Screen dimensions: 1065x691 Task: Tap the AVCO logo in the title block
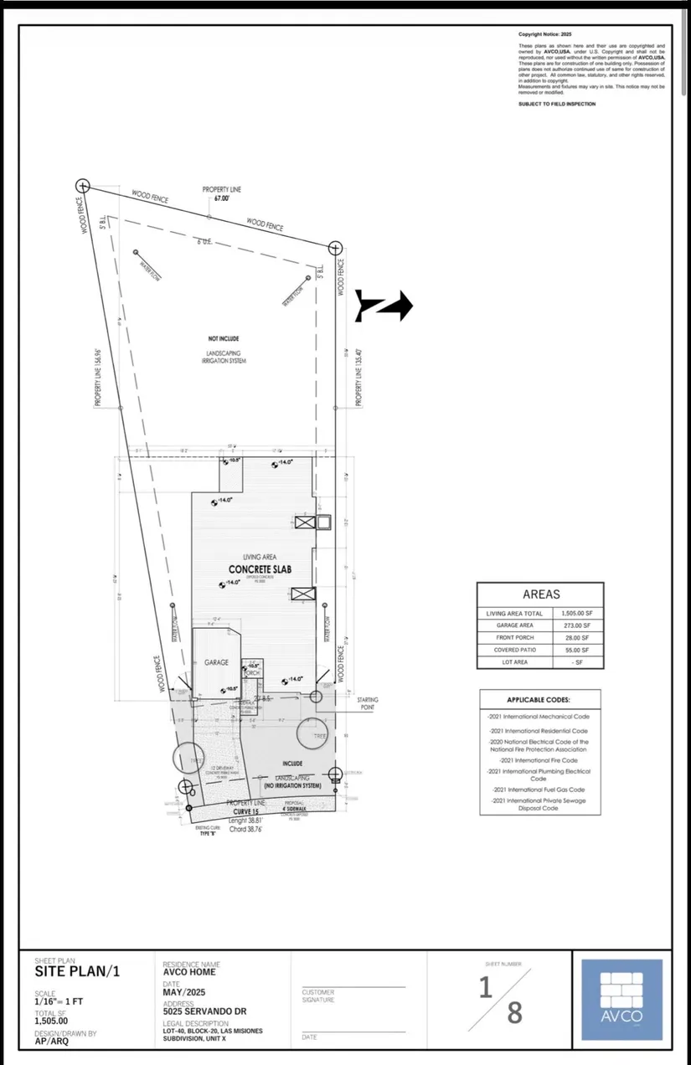[621, 999]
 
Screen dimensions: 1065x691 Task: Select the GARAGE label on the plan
[216, 662]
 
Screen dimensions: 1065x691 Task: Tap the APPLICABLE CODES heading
[541, 700]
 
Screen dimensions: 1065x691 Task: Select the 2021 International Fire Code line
[541, 759]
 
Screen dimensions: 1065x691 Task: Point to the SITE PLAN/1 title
[77, 972]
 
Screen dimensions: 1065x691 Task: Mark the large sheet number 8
[514, 1012]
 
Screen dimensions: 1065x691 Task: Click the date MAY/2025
[185, 993]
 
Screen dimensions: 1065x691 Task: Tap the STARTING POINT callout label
[368, 702]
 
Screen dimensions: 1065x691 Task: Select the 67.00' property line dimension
[222, 198]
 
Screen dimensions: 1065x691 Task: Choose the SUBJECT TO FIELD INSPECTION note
[557, 104]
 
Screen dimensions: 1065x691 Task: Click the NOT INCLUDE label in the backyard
[224, 338]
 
